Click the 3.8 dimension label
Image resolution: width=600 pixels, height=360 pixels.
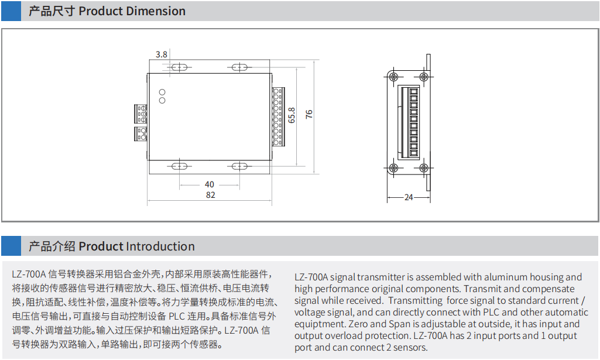tap(162, 54)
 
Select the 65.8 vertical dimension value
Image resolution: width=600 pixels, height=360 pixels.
tap(292, 115)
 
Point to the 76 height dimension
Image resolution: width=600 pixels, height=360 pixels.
tap(309, 114)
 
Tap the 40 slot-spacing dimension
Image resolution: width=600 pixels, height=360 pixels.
tap(210, 184)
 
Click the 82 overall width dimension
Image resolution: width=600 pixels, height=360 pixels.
tap(211, 195)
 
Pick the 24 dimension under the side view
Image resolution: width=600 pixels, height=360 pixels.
tap(409, 197)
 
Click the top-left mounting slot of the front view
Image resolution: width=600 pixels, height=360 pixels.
tap(179, 67)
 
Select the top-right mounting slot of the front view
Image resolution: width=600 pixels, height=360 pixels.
tap(239, 67)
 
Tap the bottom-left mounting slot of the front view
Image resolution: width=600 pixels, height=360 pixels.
tap(179, 166)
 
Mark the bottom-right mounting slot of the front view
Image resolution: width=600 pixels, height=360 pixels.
tap(239, 166)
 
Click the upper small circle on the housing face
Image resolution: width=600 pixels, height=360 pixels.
tap(162, 92)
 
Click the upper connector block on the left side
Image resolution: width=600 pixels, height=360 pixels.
tap(140, 114)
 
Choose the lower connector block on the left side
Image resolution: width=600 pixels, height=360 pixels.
tap(140, 133)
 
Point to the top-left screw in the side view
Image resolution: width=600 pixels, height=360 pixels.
tap(393, 77)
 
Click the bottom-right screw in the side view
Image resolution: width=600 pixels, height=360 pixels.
tap(424, 167)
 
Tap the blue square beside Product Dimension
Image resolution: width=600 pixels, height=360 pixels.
tap(11, 11)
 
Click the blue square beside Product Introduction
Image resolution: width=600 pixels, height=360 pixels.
tap(11, 246)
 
